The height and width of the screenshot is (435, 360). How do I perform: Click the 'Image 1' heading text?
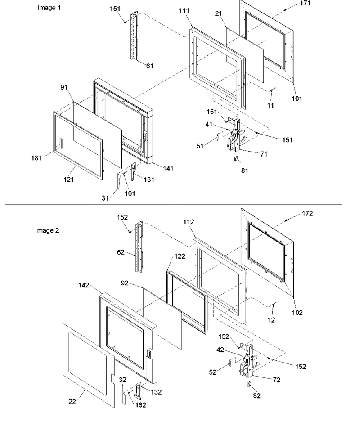pos(49,8)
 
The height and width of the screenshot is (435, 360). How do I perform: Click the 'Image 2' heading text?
pos(47,230)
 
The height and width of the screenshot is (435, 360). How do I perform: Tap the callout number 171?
pos(305,3)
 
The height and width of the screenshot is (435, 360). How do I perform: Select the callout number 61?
pos(149,66)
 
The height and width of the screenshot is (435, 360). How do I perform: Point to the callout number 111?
pos(184,11)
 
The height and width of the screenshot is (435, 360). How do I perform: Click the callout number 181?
pos(36,158)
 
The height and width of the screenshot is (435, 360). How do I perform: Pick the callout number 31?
pos(105,198)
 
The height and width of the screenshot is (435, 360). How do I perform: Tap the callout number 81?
pos(244,170)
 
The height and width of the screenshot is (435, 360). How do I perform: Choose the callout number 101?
pos(297,99)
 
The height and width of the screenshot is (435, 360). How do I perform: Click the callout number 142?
pos(84,285)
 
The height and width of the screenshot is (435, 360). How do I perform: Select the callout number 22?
pos(72,401)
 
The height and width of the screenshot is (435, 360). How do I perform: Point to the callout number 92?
pos(125,283)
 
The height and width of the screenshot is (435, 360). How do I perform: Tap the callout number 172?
pos(307,213)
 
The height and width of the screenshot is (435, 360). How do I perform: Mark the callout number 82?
pos(257,396)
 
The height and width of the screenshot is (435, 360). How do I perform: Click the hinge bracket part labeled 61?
pos(135,36)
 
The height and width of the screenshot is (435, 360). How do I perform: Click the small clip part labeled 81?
pos(236,159)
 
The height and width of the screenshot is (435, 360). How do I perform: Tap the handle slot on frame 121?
pos(61,144)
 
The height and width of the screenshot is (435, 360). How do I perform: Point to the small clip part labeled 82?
pos(249,384)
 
